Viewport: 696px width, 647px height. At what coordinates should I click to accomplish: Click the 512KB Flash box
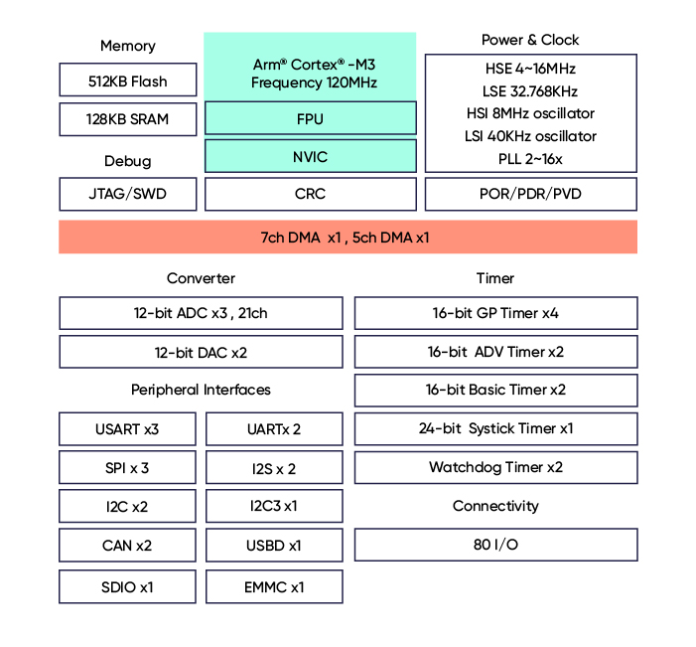tap(127, 81)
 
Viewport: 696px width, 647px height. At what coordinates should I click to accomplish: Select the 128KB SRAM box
tap(127, 119)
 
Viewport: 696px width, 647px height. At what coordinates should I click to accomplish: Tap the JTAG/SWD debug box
tap(127, 194)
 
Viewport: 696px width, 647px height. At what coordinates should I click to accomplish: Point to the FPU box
tap(310, 119)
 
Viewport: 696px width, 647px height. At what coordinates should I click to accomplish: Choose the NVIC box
tap(310, 157)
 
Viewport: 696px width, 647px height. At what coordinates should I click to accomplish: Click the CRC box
tap(310, 194)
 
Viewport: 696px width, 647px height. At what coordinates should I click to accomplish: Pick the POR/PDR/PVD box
tap(530, 194)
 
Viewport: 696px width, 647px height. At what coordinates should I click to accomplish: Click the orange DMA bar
tap(348, 238)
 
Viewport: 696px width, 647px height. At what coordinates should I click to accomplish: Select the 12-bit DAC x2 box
tap(201, 352)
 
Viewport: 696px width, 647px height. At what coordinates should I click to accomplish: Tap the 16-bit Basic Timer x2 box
tap(495, 390)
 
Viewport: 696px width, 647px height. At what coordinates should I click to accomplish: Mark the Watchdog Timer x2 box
tap(495, 467)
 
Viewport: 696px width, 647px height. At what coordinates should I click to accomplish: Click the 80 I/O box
tap(495, 545)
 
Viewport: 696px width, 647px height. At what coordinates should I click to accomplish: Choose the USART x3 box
tap(127, 429)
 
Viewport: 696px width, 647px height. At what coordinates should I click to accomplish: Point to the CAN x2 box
tap(127, 546)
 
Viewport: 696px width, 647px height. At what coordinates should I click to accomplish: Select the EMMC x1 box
tap(274, 586)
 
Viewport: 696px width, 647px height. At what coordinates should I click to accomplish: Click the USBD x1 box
tap(274, 546)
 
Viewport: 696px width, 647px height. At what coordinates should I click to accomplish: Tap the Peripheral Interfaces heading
tap(201, 390)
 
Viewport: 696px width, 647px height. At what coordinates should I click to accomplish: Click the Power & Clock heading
tap(530, 40)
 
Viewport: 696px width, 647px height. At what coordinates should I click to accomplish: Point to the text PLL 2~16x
tap(530, 159)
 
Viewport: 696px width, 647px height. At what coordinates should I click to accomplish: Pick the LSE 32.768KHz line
tap(530, 91)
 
